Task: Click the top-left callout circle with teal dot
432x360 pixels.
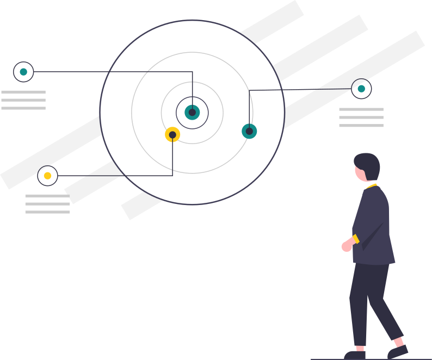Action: [23, 72]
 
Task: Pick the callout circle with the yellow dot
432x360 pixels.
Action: [48, 176]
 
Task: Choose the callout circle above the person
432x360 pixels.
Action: [361, 89]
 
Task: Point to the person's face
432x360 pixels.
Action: [360, 173]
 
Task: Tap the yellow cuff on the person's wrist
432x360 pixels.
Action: [356, 239]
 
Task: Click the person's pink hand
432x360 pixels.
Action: [347, 245]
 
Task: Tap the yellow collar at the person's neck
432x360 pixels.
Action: [372, 186]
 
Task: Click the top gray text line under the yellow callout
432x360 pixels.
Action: [47, 196]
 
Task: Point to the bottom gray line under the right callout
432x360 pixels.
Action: [361, 126]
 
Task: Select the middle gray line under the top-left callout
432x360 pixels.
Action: [23, 100]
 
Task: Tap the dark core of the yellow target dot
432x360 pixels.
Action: [172, 135]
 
